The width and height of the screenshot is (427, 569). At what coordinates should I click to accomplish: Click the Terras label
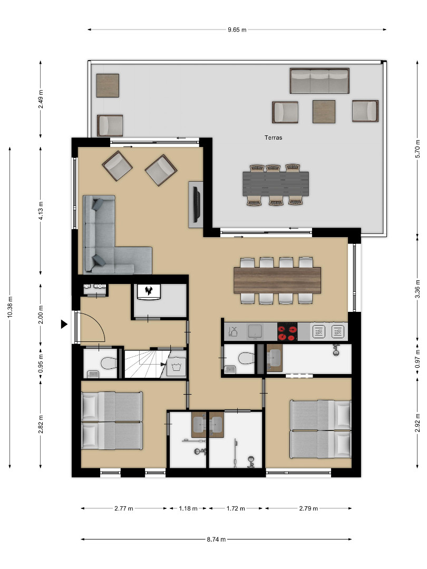click(x=273, y=138)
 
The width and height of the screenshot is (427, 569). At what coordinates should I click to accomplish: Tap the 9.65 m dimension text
click(x=237, y=30)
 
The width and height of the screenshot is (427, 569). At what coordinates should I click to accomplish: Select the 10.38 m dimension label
click(x=10, y=307)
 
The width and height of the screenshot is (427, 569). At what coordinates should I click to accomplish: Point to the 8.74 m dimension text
click(x=217, y=539)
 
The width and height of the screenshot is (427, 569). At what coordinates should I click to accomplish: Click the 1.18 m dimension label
click(x=188, y=508)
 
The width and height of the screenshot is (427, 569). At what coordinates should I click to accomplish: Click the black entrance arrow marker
click(x=64, y=325)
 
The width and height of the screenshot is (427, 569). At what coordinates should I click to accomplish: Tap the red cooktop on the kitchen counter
click(x=287, y=332)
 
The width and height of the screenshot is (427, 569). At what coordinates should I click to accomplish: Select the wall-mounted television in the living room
click(x=197, y=204)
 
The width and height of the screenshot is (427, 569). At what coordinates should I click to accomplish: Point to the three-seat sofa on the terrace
click(x=319, y=81)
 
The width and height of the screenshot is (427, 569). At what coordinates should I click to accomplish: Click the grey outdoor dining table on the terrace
click(x=276, y=184)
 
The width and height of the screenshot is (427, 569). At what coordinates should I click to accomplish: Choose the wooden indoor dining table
click(x=277, y=280)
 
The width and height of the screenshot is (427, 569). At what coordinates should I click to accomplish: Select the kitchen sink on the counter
click(x=255, y=331)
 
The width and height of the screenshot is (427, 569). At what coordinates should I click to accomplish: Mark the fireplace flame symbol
click(x=148, y=290)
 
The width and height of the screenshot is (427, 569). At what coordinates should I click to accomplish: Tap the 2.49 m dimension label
click(x=41, y=99)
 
